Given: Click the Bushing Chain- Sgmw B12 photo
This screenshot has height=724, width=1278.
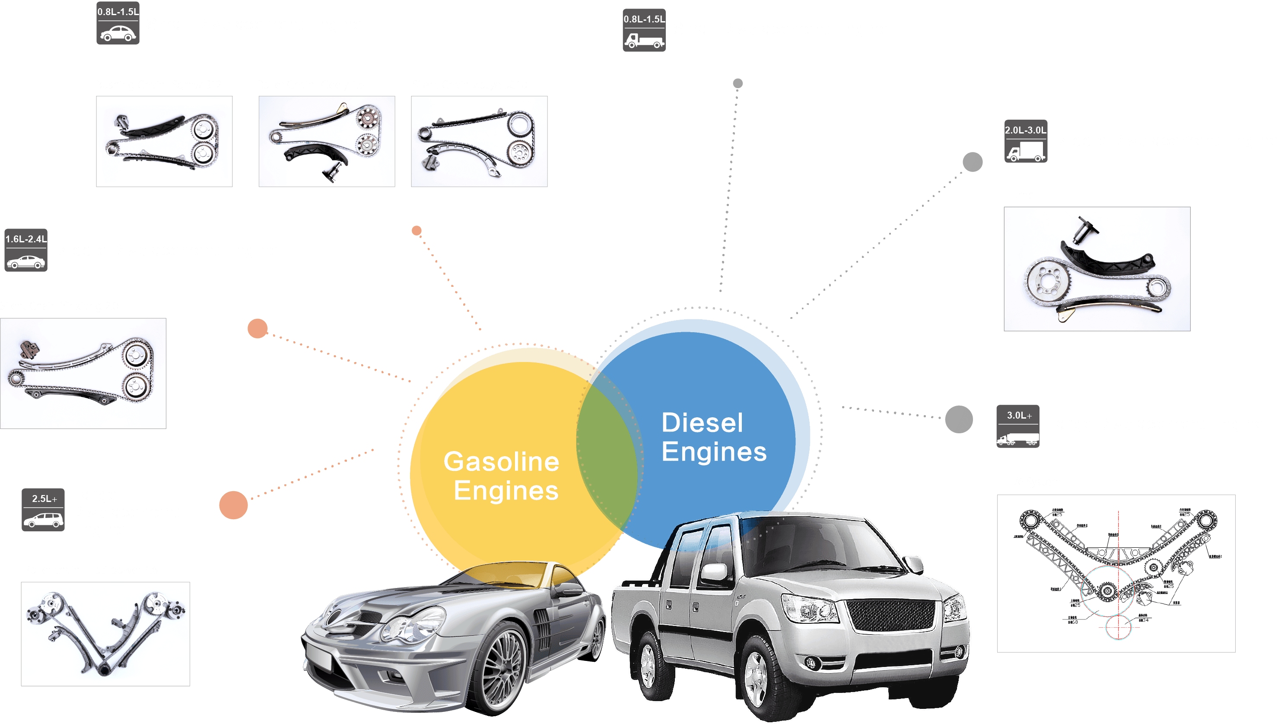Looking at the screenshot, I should [164, 141].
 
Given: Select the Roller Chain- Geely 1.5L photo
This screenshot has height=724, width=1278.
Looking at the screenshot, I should [327, 141].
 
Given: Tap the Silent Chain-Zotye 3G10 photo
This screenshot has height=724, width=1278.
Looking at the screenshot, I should [479, 141].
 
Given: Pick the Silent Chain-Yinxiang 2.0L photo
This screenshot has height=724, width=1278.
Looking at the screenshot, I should [83, 373].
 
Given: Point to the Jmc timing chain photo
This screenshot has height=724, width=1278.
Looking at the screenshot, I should [1097, 269].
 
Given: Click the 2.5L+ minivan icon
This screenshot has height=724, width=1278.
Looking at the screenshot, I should [43, 510].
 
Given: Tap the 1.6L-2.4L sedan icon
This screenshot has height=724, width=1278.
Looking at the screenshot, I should [26, 250].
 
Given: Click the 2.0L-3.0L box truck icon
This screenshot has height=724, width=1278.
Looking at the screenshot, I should [1026, 141].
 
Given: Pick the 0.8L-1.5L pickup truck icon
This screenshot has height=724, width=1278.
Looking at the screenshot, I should [644, 30].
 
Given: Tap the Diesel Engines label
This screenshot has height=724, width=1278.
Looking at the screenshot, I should [714, 437].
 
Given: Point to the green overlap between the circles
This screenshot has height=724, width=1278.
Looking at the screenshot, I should [607, 453].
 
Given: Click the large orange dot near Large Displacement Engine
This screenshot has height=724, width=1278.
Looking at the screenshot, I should [233, 505].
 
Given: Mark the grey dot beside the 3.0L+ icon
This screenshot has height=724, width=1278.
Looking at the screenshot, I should [959, 419].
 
